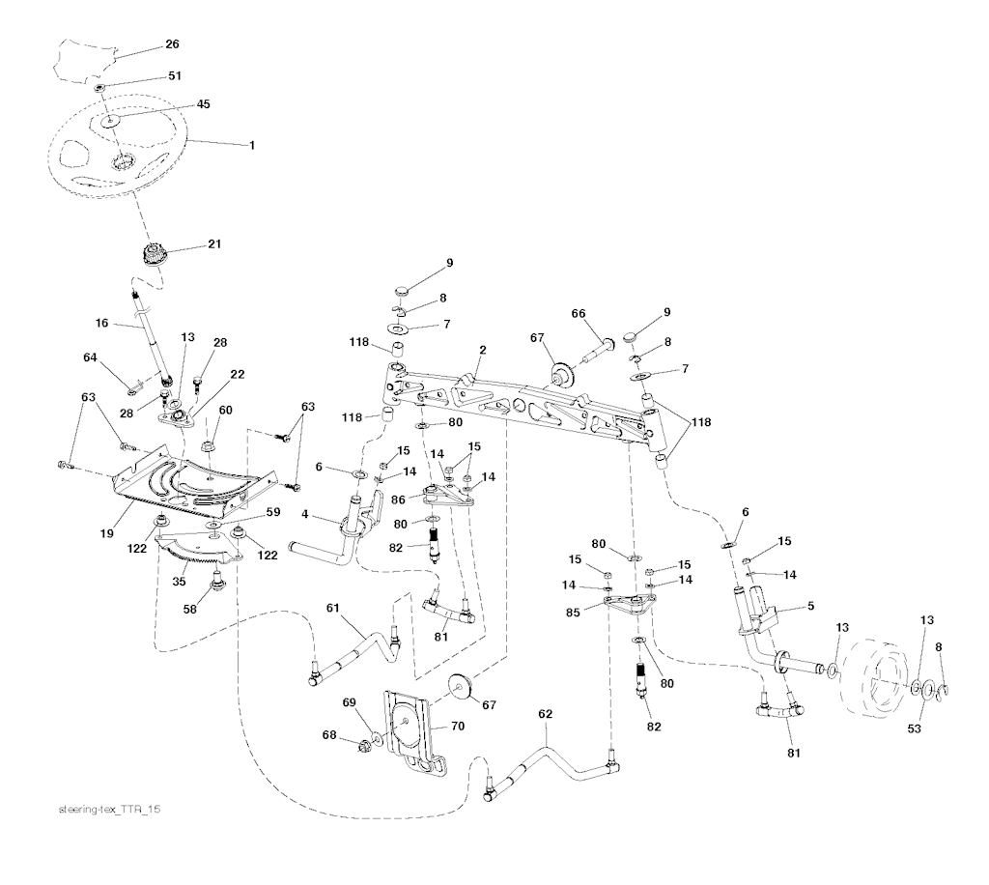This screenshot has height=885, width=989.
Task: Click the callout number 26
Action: point(172,44)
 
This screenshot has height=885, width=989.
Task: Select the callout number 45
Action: point(203,104)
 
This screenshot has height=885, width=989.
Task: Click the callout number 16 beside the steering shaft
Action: point(101,323)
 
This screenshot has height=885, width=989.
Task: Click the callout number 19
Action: point(106,533)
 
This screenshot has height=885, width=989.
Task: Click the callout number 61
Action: point(333,608)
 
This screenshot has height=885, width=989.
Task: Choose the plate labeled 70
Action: point(413,731)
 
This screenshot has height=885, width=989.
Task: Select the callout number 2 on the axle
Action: point(483,350)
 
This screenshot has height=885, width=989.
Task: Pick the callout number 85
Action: point(573,613)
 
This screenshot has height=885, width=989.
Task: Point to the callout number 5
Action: point(810,606)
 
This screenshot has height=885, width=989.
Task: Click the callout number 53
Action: point(914,728)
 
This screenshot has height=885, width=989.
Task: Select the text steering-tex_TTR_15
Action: point(109,810)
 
